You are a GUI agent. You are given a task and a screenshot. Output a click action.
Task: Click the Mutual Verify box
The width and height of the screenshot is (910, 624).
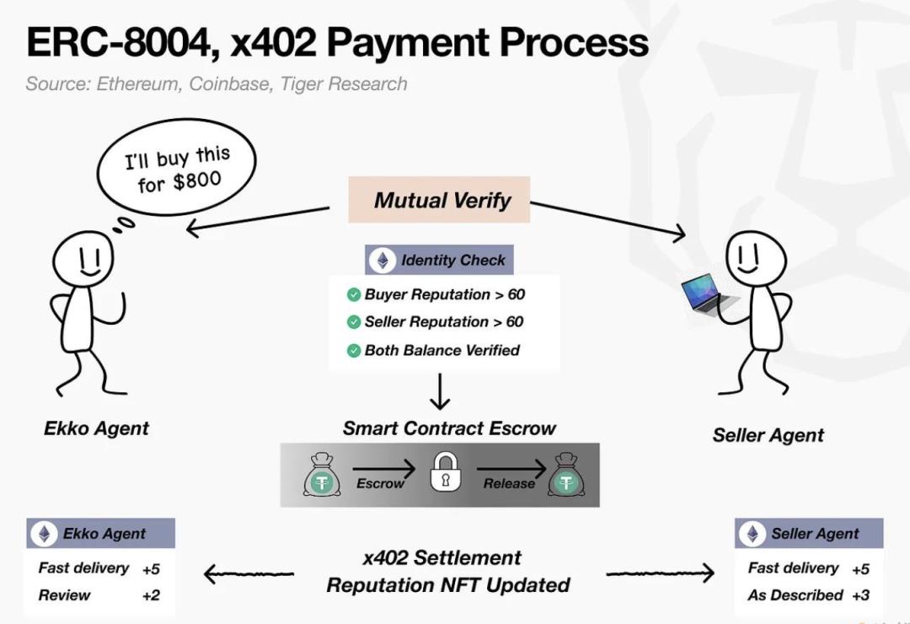439,200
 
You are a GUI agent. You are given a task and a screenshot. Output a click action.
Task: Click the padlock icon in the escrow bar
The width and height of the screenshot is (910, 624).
445,474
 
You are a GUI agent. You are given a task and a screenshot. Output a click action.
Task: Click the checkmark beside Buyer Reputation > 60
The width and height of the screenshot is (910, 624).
354,295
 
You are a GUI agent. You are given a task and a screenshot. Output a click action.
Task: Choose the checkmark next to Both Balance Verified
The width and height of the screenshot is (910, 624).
354,351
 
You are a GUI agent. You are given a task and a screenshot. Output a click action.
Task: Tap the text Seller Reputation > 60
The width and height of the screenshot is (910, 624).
444,322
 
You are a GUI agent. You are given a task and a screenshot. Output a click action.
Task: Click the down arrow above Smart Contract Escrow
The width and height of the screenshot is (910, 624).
440,391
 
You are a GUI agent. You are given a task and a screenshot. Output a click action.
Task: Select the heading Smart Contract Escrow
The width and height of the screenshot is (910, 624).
449,428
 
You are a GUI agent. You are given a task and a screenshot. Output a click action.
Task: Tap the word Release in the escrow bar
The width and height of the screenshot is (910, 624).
509,483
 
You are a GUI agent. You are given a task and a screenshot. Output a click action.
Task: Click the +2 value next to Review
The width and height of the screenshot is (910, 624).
151,595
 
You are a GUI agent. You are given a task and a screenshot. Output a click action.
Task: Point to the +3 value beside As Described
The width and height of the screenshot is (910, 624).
860,595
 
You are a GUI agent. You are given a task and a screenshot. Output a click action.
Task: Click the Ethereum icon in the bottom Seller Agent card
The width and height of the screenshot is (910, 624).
752,534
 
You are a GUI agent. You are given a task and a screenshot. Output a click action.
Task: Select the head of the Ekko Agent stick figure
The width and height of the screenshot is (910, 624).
83,257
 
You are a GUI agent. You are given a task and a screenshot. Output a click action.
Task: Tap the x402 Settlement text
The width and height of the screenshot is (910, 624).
442,558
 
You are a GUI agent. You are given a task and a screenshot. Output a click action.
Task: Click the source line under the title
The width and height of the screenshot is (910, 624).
217,84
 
